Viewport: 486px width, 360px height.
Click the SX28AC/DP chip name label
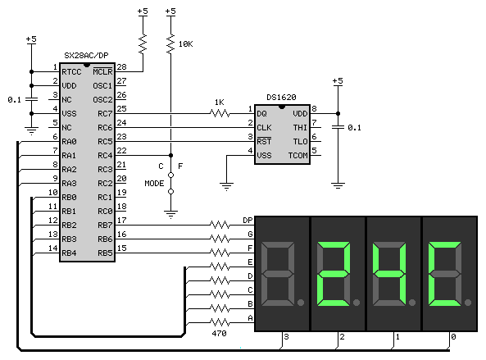[x=86, y=56]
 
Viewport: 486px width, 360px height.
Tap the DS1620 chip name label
[x=281, y=98]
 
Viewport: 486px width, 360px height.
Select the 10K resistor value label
[x=186, y=44]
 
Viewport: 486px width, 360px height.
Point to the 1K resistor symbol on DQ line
[x=220, y=113]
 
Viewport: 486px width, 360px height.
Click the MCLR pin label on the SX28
[x=102, y=71]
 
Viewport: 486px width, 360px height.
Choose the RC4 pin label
[x=105, y=155]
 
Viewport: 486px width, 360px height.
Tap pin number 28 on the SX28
[x=121, y=66]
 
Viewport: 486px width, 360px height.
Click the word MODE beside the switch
[x=154, y=183]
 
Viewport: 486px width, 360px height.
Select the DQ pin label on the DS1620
[x=261, y=113]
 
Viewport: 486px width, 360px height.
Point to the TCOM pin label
[x=298, y=155]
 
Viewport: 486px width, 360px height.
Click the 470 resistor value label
[x=219, y=333]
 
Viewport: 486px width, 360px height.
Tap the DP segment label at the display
[x=248, y=220]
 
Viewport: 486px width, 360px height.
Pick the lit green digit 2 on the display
[x=334, y=274]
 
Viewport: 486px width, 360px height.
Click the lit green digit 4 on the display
[x=389, y=274]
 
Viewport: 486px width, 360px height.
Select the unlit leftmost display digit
[x=278, y=274]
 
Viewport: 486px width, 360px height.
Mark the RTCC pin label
[x=71, y=71]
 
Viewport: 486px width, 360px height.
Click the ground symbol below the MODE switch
[x=170, y=214]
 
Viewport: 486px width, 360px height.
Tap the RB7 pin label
[x=105, y=226]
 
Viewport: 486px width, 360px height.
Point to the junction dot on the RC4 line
[x=170, y=155]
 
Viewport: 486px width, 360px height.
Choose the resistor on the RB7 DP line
[x=220, y=225]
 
